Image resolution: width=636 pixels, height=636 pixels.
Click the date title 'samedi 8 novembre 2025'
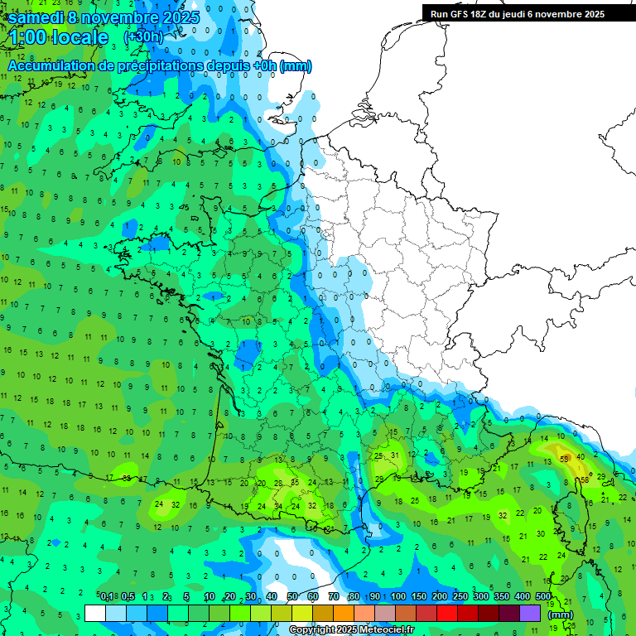(x=104, y=17)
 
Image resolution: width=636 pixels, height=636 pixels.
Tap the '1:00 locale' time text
(x=59, y=37)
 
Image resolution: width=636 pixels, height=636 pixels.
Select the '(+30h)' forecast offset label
(x=143, y=37)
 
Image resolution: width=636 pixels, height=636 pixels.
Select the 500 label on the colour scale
(x=543, y=597)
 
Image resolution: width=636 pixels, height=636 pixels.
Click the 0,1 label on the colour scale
(x=107, y=597)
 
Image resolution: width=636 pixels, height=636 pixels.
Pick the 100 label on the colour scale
(x=398, y=597)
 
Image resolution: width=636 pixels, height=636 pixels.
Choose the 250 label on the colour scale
(x=460, y=597)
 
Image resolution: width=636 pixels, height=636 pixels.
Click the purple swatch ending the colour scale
(x=530, y=613)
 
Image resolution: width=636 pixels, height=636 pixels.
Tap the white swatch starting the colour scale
(x=95, y=613)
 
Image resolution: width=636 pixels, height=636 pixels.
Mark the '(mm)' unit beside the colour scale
(x=561, y=614)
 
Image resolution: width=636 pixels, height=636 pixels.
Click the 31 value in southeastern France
(x=396, y=455)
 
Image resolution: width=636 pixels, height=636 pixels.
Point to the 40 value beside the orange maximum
(x=581, y=456)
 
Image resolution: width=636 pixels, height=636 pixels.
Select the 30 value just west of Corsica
(x=541, y=534)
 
